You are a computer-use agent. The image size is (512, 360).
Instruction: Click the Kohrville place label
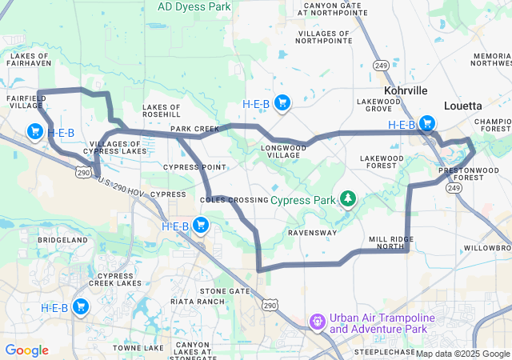[x=406, y=91]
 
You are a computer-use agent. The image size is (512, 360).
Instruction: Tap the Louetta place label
[x=462, y=105]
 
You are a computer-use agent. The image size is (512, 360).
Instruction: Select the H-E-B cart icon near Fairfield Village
[x=35, y=131]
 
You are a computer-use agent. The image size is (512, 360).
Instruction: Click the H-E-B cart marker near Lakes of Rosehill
[x=282, y=102]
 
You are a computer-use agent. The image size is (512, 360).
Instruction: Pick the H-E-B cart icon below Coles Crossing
[x=201, y=226]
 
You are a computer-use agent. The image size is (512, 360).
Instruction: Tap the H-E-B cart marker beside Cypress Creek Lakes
[x=81, y=307]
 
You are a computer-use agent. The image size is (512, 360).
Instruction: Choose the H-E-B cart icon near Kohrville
[x=427, y=124]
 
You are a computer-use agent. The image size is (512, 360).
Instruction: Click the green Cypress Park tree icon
[x=347, y=198]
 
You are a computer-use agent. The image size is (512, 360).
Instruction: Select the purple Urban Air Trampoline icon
[x=318, y=322]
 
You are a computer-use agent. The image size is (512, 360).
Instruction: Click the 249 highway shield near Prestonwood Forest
[x=454, y=187]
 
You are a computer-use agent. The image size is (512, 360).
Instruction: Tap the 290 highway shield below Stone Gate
[x=271, y=305]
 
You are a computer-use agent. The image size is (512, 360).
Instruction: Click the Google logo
[x=26, y=350]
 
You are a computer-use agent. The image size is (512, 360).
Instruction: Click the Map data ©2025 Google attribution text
[x=462, y=354]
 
